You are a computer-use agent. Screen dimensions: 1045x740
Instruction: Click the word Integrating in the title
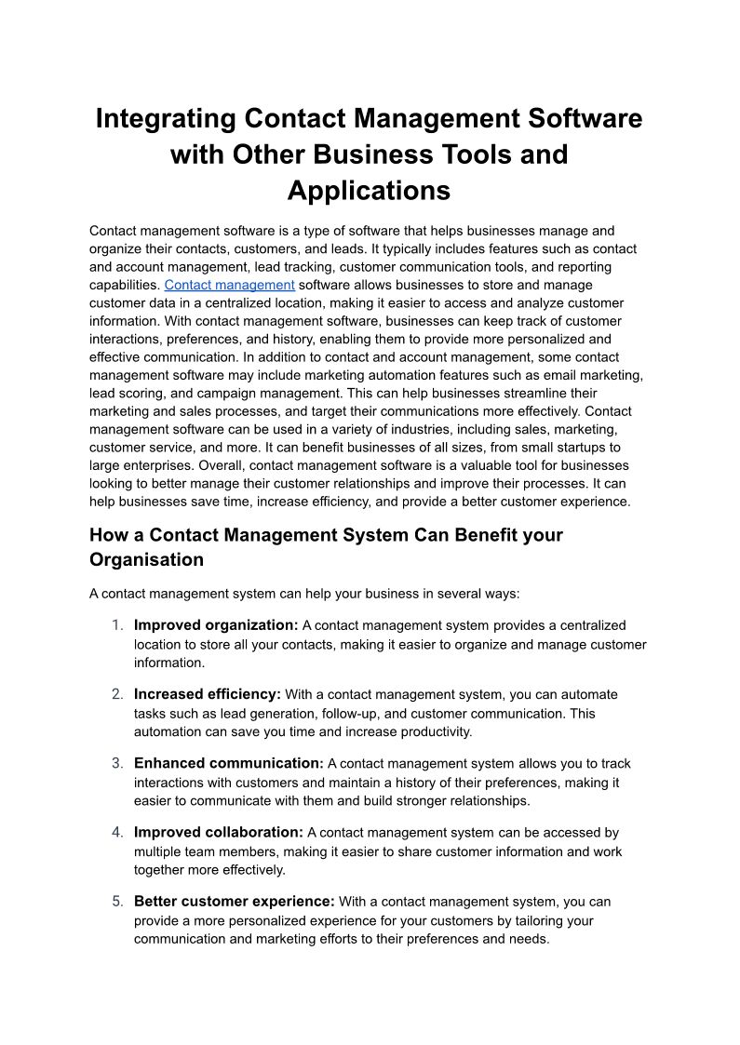(x=165, y=119)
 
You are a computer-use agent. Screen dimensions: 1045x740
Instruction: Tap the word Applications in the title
(x=369, y=190)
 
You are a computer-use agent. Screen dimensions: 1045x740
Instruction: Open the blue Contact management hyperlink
(x=229, y=285)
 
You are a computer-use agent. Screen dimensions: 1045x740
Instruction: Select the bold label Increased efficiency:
(x=208, y=694)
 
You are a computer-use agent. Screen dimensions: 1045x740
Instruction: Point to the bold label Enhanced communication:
(x=229, y=763)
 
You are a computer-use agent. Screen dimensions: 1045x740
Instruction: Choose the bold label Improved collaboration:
(x=219, y=832)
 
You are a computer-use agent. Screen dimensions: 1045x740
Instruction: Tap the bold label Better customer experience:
(x=235, y=901)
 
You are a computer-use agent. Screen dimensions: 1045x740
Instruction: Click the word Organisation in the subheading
(x=146, y=559)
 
